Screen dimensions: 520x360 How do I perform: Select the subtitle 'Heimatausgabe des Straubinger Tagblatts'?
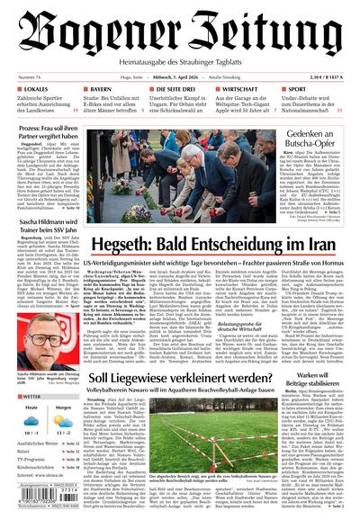coord(179,62)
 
